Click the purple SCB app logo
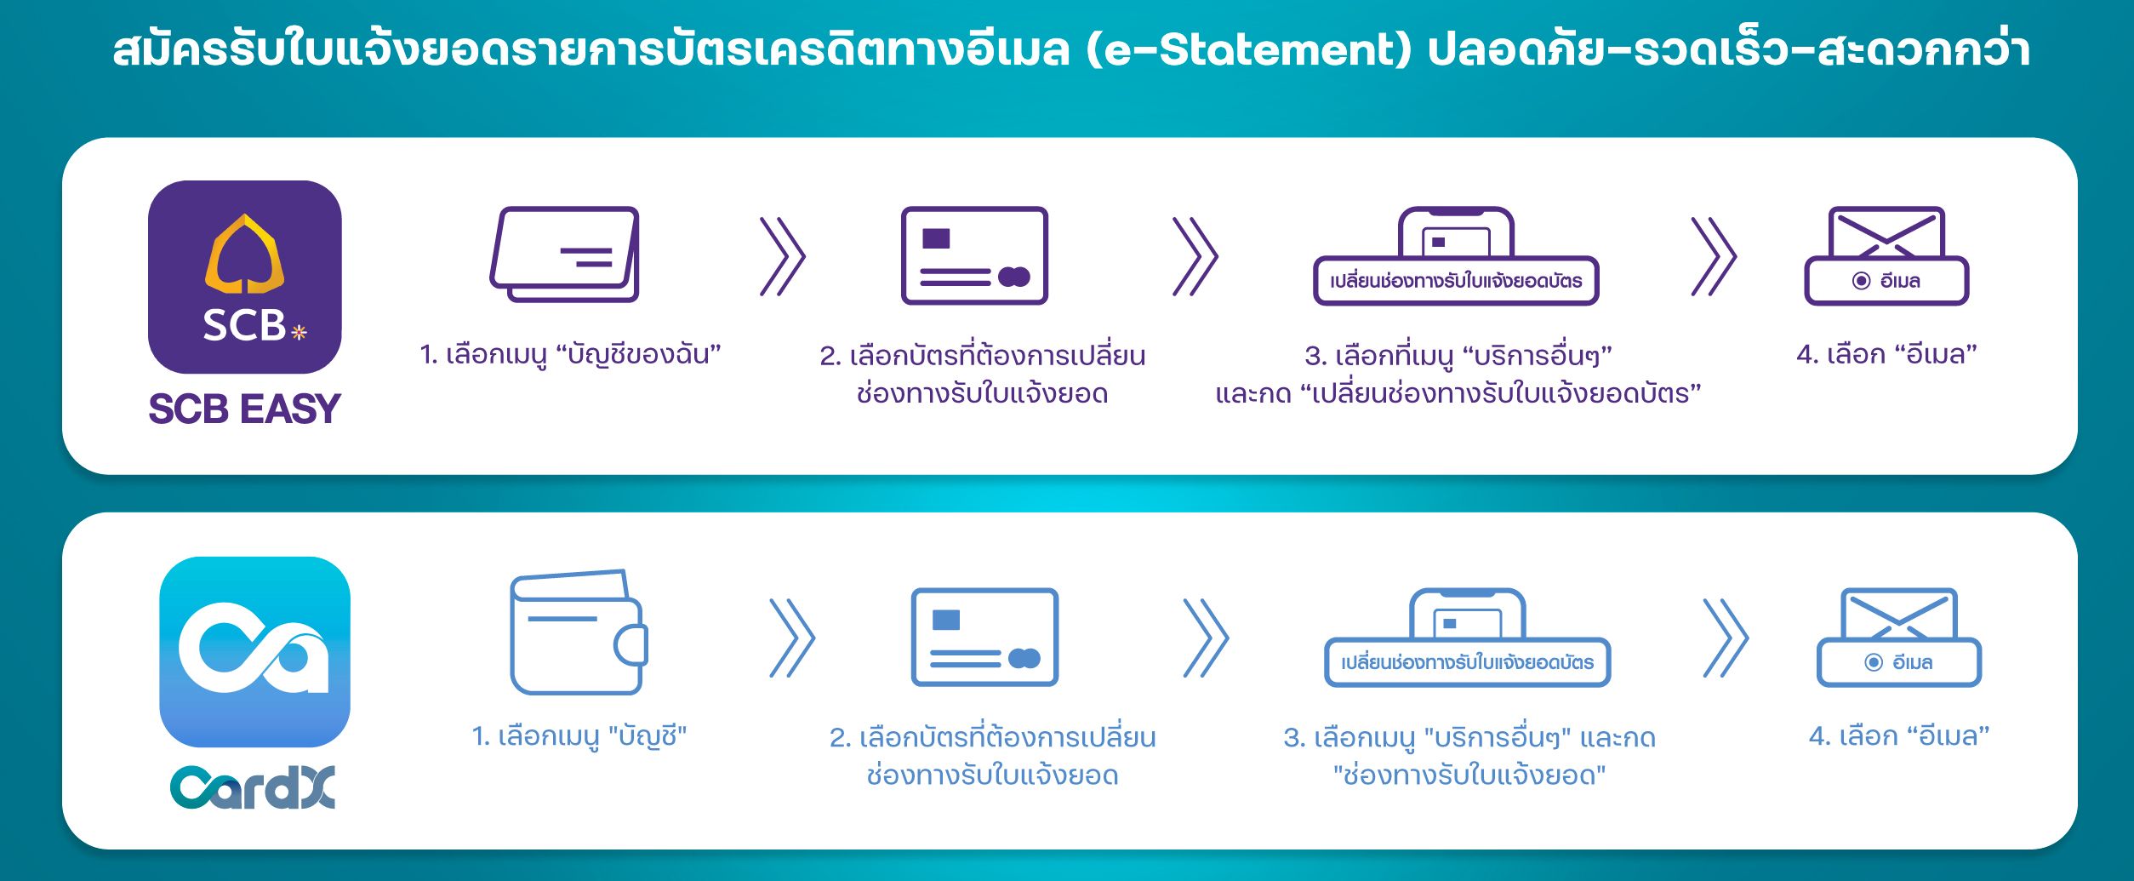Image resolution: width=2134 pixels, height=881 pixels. (x=245, y=277)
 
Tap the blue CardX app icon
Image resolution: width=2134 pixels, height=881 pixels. (x=254, y=652)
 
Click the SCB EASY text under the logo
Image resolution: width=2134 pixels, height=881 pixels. (x=245, y=409)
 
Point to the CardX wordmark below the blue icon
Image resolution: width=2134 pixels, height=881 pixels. (x=253, y=787)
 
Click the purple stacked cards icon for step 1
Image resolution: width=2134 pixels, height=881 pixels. (x=564, y=255)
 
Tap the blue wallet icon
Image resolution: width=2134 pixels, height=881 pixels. (x=579, y=632)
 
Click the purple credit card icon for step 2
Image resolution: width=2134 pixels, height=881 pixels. (x=974, y=255)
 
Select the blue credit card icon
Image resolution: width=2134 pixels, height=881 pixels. (x=984, y=637)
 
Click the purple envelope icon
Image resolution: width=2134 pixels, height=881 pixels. (x=1887, y=232)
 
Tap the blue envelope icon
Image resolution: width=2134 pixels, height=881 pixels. (x=1899, y=614)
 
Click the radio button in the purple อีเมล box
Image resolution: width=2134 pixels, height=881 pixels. (x=1861, y=281)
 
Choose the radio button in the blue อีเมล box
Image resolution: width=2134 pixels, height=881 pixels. (x=1873, y=662)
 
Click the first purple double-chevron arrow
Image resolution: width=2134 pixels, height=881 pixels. (x=782, y=256)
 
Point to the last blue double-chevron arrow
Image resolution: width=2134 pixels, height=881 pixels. (x=1725, y=638)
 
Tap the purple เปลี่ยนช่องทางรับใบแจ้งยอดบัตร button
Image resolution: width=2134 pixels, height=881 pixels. (x=1456, y=281)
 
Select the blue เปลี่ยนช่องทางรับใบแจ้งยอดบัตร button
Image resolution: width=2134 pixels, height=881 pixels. (x=1468, y=662)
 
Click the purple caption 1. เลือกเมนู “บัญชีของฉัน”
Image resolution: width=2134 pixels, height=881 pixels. (x=570, y=354)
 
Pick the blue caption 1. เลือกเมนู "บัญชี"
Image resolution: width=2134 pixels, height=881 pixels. (x=579, y=735)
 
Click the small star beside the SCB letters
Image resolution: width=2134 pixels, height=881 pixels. (x=299, y=332)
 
